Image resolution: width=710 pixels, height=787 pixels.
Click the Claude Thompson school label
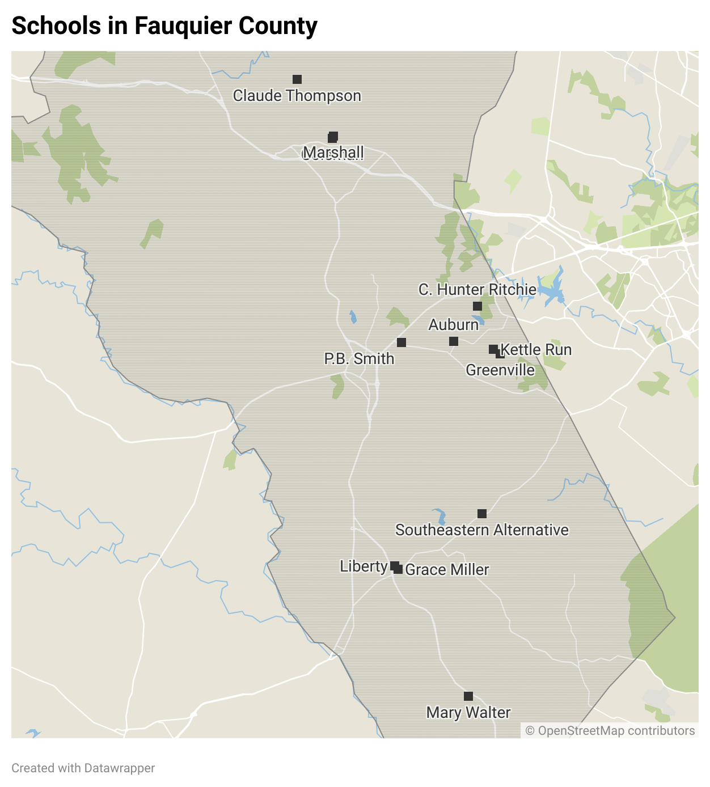[297, 96]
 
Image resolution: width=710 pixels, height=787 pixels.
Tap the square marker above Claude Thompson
[297, 79]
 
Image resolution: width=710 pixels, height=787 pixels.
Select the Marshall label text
[333, 153]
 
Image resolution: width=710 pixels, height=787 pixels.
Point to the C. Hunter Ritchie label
[477, 290]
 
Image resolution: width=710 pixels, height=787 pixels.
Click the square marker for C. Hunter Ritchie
[477, 306]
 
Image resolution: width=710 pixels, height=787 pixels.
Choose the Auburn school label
[453, 325]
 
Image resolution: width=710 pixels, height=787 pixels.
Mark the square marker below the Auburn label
[454, 341]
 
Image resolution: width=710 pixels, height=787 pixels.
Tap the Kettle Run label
[536, 350]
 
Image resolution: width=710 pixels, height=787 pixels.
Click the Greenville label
[500, 370]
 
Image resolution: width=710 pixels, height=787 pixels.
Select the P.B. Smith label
[359, 359]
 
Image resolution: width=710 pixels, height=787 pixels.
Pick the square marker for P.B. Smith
[402, 342]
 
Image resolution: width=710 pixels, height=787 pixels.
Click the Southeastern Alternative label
[481, 530]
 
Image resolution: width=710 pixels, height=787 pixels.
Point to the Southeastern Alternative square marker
[482, 514]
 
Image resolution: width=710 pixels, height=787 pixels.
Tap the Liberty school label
[364, 566]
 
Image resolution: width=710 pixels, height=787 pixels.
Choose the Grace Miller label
[447, 570]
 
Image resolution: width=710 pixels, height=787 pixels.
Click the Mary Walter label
[468, 713]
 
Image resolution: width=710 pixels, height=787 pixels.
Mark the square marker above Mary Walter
[468, 696]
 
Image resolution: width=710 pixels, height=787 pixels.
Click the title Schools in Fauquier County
[164, 26]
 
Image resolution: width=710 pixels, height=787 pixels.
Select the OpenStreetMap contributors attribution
[610, 731]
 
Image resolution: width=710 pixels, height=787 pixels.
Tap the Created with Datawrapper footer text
[83, 768]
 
